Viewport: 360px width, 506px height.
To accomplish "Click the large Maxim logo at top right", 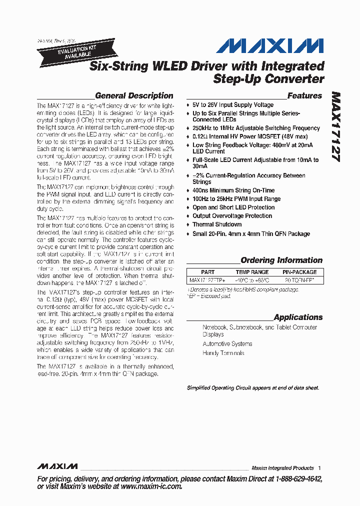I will [269, 46].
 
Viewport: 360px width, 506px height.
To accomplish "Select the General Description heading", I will [134, 95].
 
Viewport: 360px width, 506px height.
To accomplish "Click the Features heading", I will [304, 95].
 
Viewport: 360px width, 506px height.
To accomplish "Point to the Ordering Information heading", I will [281, 260].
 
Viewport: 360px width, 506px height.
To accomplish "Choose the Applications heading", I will [298, 317].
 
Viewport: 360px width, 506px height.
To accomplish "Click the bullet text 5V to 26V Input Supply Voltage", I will [233, 105].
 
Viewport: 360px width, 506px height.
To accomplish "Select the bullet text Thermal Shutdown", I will [217, 224].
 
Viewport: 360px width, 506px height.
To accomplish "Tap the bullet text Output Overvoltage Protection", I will [232, 216].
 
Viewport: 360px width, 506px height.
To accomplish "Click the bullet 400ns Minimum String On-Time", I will [233, 190].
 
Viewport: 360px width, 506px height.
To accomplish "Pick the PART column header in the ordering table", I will [207, 272].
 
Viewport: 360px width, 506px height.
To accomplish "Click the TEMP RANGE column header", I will [252, 272].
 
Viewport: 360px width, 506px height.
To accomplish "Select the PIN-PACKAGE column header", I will [299, 272].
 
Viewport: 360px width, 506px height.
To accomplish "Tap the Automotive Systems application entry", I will [227, 344].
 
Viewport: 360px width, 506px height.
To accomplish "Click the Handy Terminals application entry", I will [223, 353].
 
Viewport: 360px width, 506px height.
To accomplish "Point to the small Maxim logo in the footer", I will [57, 466].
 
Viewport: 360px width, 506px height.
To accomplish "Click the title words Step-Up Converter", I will [268, 78].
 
